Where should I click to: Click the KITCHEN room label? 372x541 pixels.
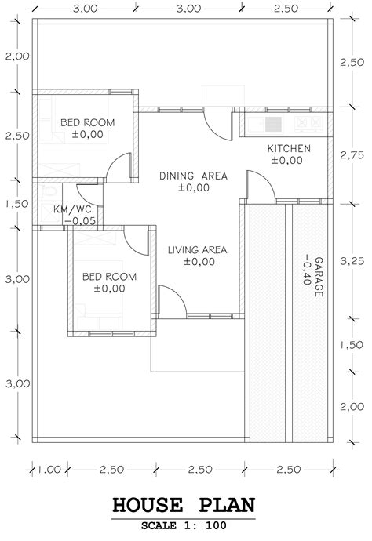(289, 149)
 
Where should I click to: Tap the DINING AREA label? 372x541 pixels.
(193, 176)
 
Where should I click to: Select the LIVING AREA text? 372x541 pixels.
(197, 250)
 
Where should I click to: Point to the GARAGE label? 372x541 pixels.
(319, 277)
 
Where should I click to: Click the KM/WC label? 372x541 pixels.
(72, 209)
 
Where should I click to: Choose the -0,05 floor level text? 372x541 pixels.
(80, 221)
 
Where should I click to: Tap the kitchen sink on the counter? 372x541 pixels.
(265, 124)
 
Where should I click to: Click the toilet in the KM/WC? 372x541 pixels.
(49, 191)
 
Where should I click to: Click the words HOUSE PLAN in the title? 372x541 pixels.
(184, 505)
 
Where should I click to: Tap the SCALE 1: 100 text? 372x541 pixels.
(184, 525)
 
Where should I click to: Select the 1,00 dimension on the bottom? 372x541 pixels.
(49, 470)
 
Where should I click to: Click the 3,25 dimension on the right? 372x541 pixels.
(352, 261)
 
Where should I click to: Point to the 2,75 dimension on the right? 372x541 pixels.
(352, 155)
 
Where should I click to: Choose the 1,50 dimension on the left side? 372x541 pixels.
(17, 204)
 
